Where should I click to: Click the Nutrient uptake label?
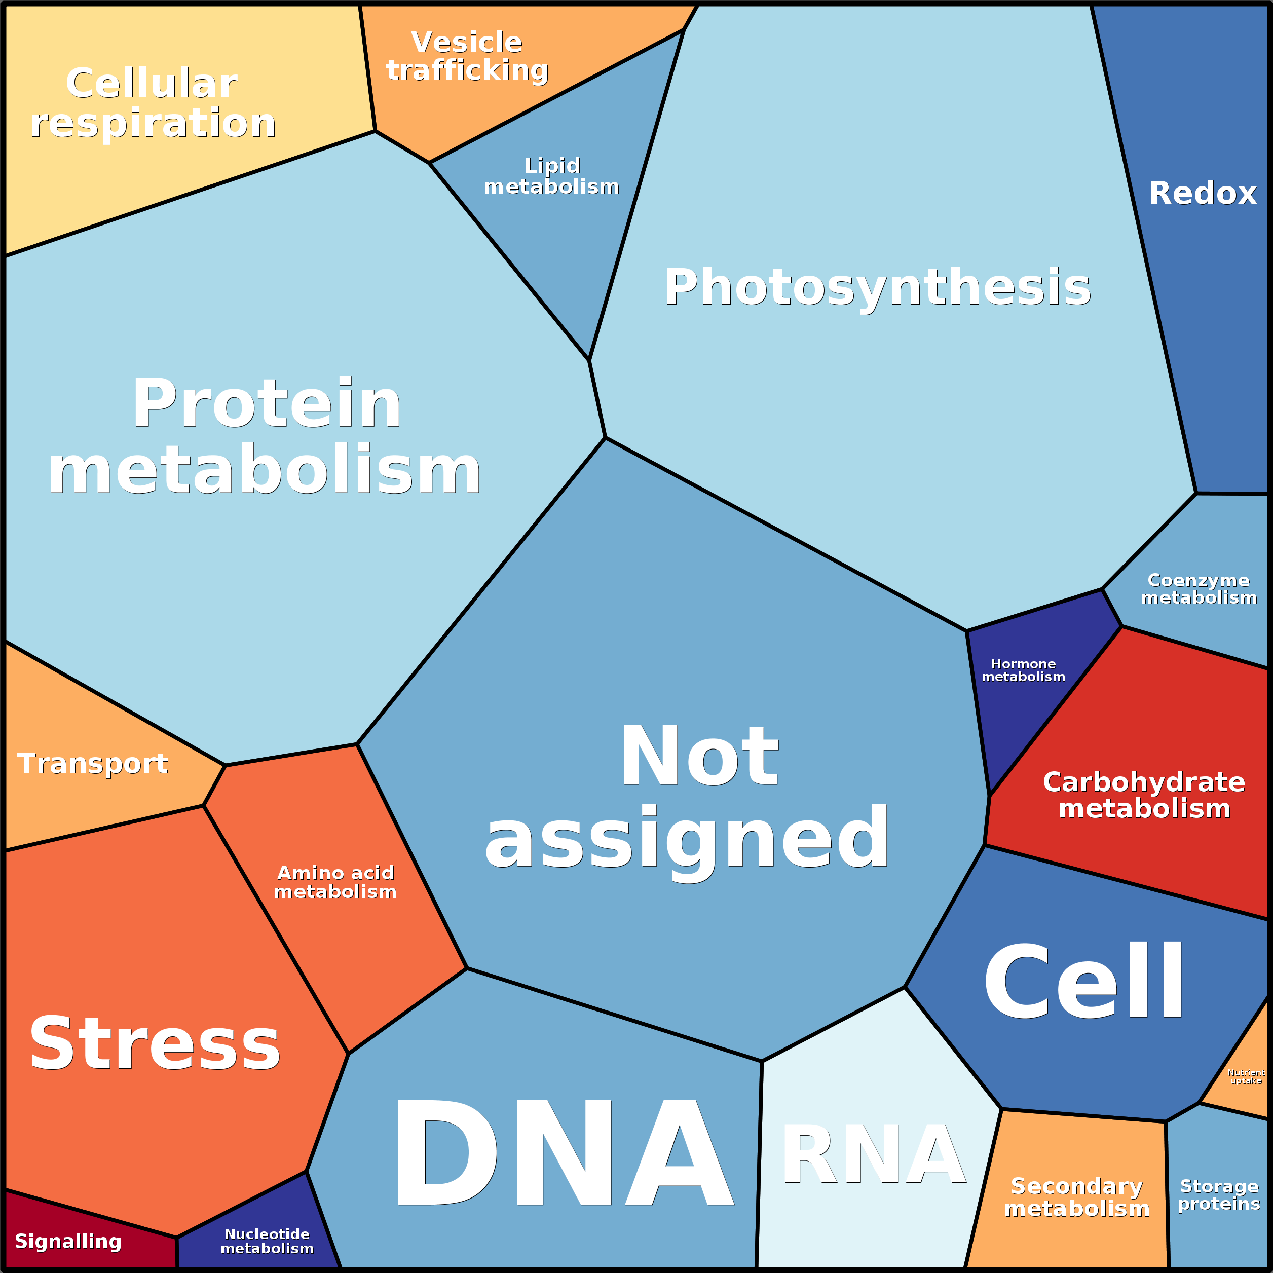click(x=1246, y=1077)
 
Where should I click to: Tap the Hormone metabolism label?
click(x=1023, y=670)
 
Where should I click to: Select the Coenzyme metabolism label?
click(x=1199, y=588)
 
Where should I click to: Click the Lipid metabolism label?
click(x=551, y=176)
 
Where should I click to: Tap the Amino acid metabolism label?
click(x=335, y=882)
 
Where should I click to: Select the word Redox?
click(x=1203, y=194)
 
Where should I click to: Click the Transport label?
click(x=93, y=764)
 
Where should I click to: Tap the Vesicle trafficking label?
click(x=467, y=56)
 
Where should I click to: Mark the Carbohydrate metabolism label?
click(x=1144, y=795)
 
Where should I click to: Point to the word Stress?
click(x=155, y=1045)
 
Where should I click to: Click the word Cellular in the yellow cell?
click(x=152, y=84)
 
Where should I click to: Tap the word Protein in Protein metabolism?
click(x=267, y=404)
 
